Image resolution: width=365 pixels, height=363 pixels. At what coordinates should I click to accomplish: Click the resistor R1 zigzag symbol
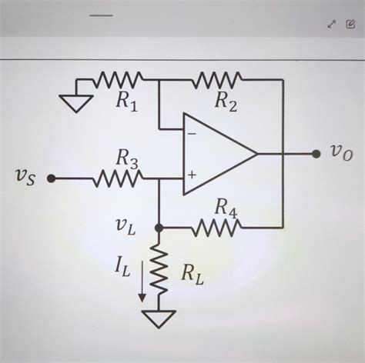coord(118,79)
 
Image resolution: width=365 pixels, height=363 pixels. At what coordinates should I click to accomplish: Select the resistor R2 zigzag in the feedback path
coord(219,79)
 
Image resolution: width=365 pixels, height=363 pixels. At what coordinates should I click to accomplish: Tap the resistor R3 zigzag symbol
coord(117,178)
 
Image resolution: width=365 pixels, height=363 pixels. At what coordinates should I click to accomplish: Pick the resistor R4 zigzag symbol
coord(219,227)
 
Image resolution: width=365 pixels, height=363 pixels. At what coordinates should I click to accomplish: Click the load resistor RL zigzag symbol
coord(159,271)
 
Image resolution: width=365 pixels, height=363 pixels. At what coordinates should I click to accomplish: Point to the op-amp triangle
coord(216,154)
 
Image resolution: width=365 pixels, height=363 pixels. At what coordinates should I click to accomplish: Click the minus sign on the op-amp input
coord(191,132)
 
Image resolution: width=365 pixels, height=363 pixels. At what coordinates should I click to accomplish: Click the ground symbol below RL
coord(159,317)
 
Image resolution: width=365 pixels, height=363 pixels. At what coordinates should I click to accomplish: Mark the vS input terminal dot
coord(51,178)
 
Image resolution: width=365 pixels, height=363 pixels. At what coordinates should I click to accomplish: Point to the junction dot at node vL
coord(159,228)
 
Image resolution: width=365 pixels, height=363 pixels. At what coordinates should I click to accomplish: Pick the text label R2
coord(226,100)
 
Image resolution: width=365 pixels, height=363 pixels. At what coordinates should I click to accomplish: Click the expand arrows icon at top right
coord(331,24)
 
